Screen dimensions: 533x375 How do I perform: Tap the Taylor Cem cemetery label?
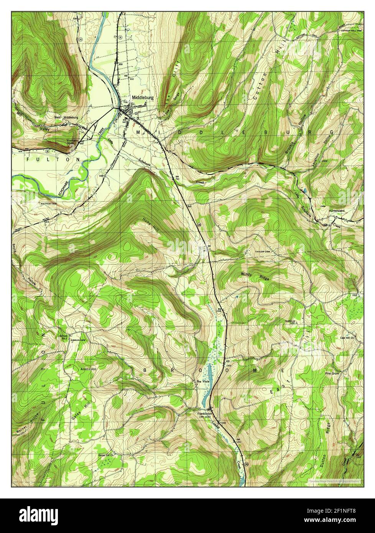coord(263,252)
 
